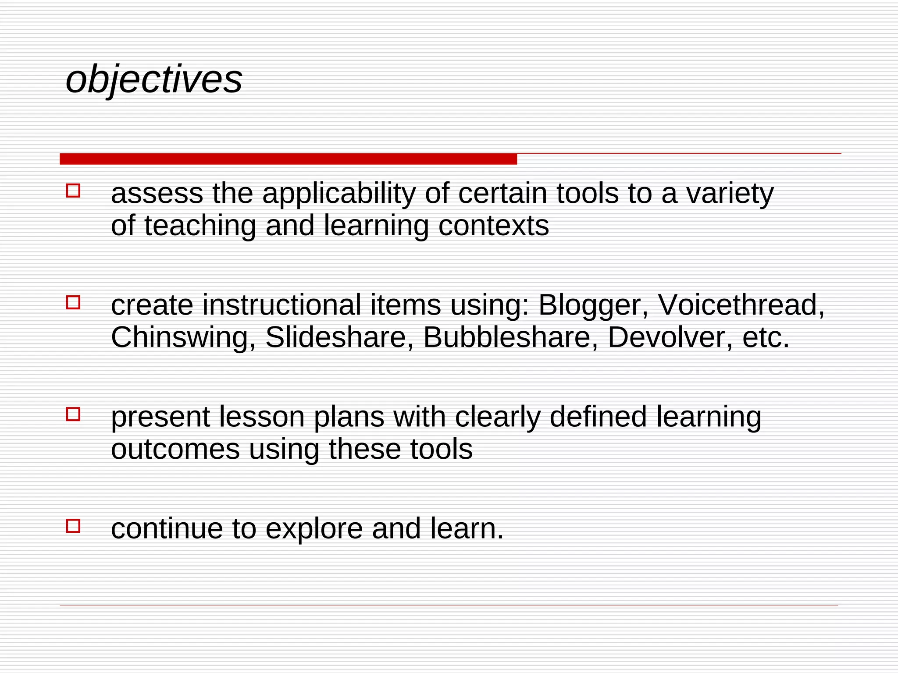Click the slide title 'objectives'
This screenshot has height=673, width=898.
point(153,79)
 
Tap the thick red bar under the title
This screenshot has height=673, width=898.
point(288,159)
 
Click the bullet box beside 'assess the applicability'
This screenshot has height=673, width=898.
point(73,191)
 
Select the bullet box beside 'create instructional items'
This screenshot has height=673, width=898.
point(73,303)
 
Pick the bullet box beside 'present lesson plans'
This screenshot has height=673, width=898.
point(73,414)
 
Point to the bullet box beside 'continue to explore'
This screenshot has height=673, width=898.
point(73,526)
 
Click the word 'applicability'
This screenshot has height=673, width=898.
point(339,194)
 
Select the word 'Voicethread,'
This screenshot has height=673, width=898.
point(741,305)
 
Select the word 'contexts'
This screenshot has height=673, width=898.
point(493,226)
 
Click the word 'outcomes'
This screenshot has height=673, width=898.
point(175,450)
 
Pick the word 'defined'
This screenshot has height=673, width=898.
point(598,417)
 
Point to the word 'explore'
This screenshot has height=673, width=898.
point(314,529)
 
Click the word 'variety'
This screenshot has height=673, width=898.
point(730,194)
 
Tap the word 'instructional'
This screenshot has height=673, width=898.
point(282,305)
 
